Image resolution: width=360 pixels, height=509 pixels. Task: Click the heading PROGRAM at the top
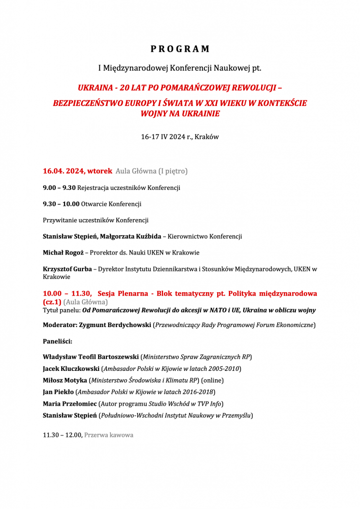pos(180,49)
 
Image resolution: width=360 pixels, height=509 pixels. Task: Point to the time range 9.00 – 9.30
pos(59,188)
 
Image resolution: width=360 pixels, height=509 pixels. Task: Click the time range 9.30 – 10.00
pos(61,204)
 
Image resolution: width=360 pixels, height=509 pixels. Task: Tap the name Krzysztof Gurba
pos(68,269)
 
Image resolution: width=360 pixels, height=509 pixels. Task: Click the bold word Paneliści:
pos(58,341)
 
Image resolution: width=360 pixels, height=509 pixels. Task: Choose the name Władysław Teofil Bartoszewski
pos(90,357)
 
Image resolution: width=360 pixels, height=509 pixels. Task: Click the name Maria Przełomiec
pos(70,403)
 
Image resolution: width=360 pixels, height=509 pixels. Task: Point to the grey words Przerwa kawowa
pos(109,435)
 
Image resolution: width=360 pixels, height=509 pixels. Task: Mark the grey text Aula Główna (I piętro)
pos(151,171)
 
